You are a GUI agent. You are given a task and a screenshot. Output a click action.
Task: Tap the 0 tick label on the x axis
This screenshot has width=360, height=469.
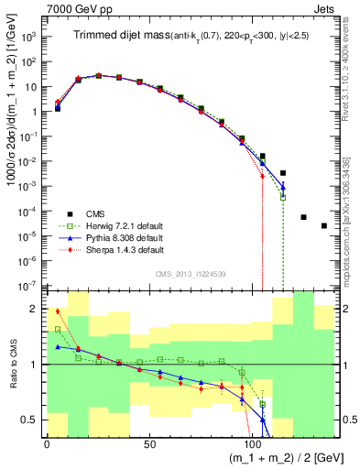[x=47, y=443]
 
